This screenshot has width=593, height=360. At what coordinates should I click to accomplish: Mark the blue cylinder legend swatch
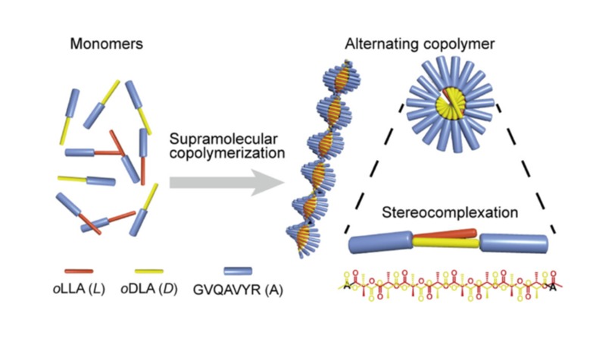point(243,270)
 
